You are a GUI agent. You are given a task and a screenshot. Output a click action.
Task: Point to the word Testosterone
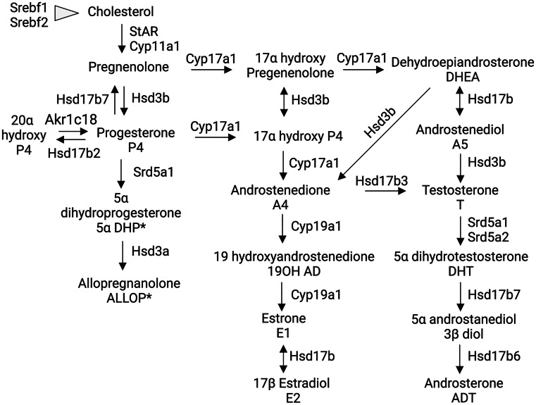pyautogui.click(x=460, y=190)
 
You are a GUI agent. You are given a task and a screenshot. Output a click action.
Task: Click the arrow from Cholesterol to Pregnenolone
pyautogui.click(x=120, y=39)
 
